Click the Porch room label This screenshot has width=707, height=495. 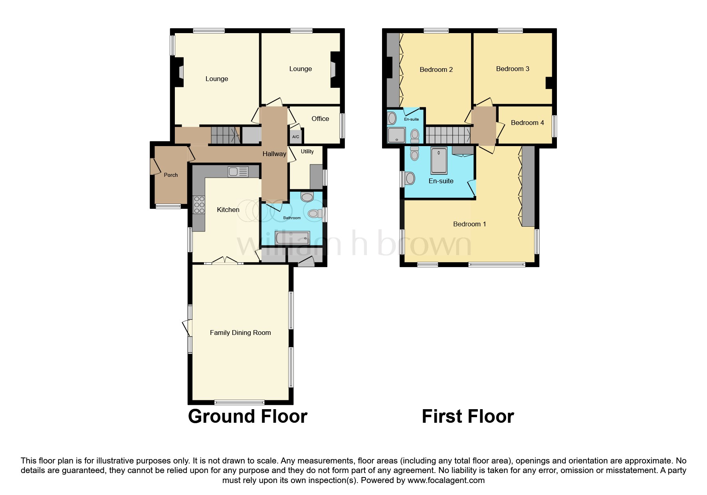point(170,175)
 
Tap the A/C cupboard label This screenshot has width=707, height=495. point(295,137)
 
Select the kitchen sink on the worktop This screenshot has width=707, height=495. point(238,172)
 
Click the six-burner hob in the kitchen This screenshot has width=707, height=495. point(199,205)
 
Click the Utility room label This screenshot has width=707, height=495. point(307,151)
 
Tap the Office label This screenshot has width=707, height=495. point(320,119)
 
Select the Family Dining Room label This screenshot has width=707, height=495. point(240,333)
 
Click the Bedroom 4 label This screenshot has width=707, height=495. point(527,123)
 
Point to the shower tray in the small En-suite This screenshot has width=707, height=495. point(396,135)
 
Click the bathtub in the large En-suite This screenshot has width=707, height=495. point(439,160)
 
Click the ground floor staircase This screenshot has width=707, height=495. point(225,135)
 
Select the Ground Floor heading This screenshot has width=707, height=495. point(248,416)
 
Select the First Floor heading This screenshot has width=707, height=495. point(467,416)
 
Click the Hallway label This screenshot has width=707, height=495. point(274,154)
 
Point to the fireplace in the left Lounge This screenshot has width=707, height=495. point(180,72)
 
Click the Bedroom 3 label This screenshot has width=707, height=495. point(512,69)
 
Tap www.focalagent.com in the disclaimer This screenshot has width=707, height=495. point(446,480)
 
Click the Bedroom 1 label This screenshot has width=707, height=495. point(469,224)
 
